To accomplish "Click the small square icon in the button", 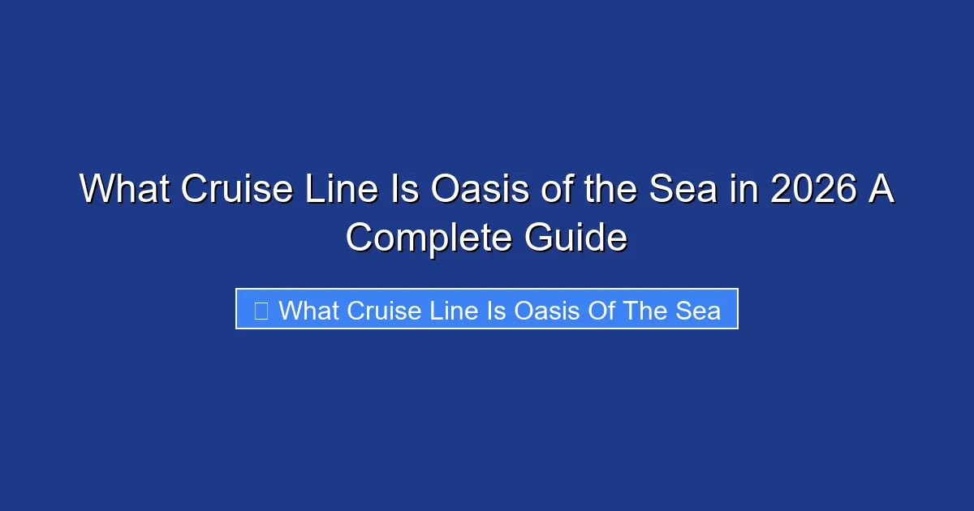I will coord(261,310).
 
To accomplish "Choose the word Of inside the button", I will coord(601,310).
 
